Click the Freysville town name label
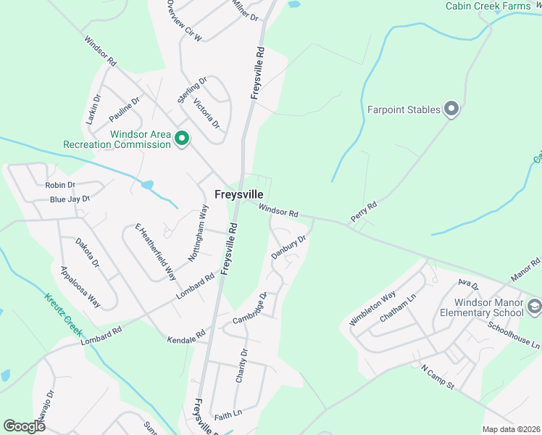[x=238, y=194]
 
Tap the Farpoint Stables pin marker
[x=451, y=109]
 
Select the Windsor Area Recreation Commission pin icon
[x=181, y=137]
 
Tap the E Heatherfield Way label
[x=156, y=252]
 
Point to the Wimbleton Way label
[x=372, y=308]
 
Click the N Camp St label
[x=437, y=377]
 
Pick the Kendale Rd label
[x=187, y=336]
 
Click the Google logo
[x=24, y=426]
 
